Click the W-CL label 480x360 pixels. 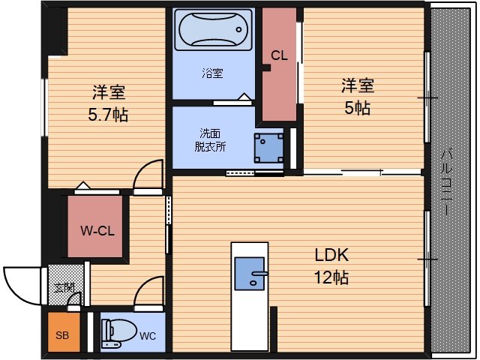point(97,230)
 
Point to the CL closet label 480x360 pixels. point(279,55)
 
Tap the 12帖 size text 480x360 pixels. point(331,277)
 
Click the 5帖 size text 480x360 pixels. point(357,107)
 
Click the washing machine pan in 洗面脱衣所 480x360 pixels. point(268,147)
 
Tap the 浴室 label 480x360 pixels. point(211,73)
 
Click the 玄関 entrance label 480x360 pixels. point(63,286)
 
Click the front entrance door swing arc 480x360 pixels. point(20,283)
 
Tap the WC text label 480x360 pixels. point(148,335)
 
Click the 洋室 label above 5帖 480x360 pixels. point(357,85)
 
